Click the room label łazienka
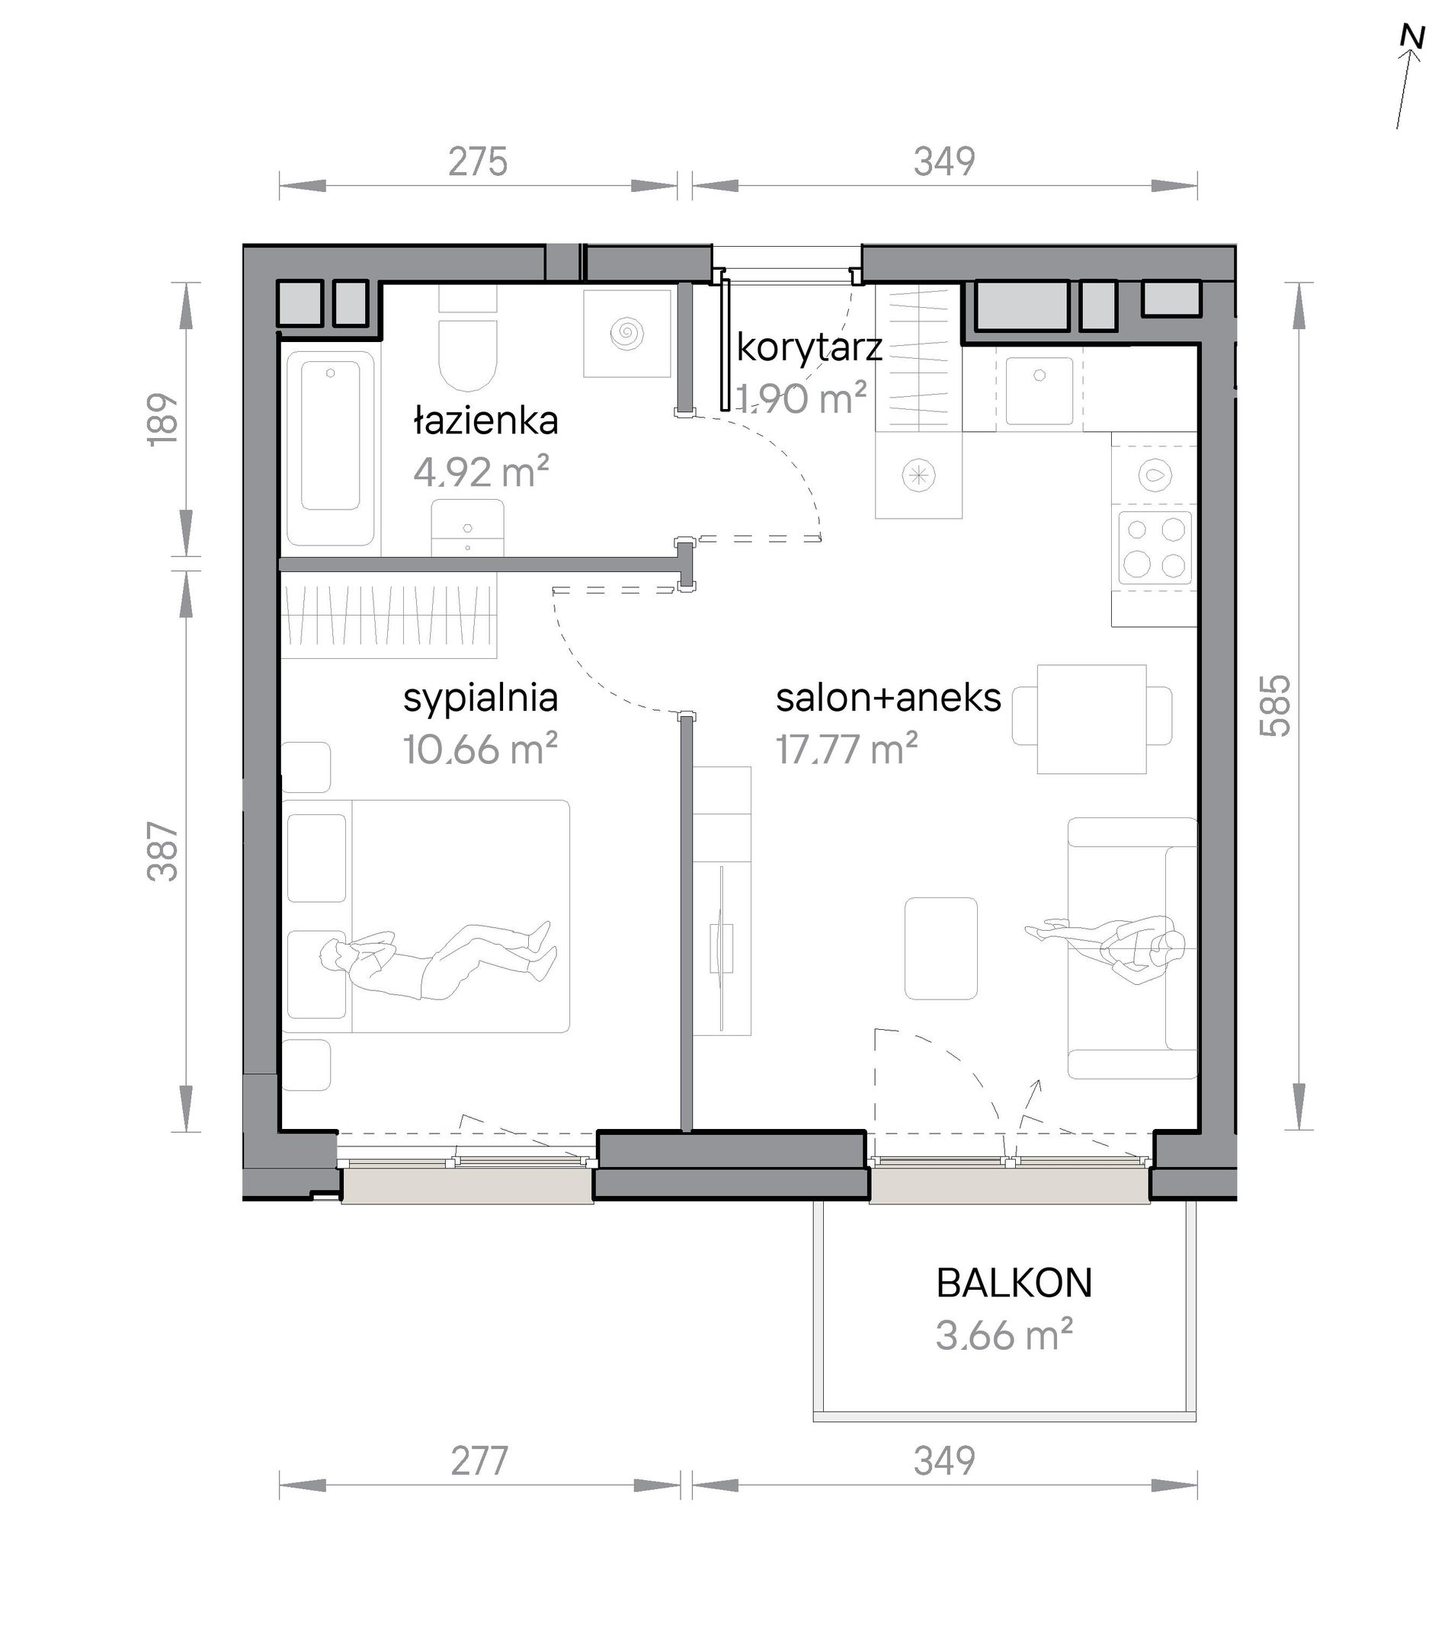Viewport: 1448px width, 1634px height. pyautogui.click(x=485, y=420)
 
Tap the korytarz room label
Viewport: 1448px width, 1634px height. pyautogui.click(x=809, y=347)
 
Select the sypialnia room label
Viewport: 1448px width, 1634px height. pyautogui.click(x=481, y=697)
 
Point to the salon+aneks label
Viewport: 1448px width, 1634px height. pyautogui.click(x=889, y=697)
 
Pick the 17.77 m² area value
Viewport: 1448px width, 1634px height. pyautogui.click(x=847, y=749)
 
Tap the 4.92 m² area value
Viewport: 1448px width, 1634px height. pyautogui.click(x=482, y=472)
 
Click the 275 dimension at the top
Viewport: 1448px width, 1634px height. pyautogui.click(x=478, y=161)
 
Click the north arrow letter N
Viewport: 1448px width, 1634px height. pyautogui.click(x=1413, y=60)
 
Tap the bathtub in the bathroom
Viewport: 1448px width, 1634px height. pyautogui.click(x=330, y=448)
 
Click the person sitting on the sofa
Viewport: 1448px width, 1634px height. pyautogui.click(x=1107, y=948)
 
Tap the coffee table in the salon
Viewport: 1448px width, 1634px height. pyautogui.click(x=940, y=948)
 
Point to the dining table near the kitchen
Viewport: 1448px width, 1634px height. pyautogui.click(x=1091, y=718)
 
